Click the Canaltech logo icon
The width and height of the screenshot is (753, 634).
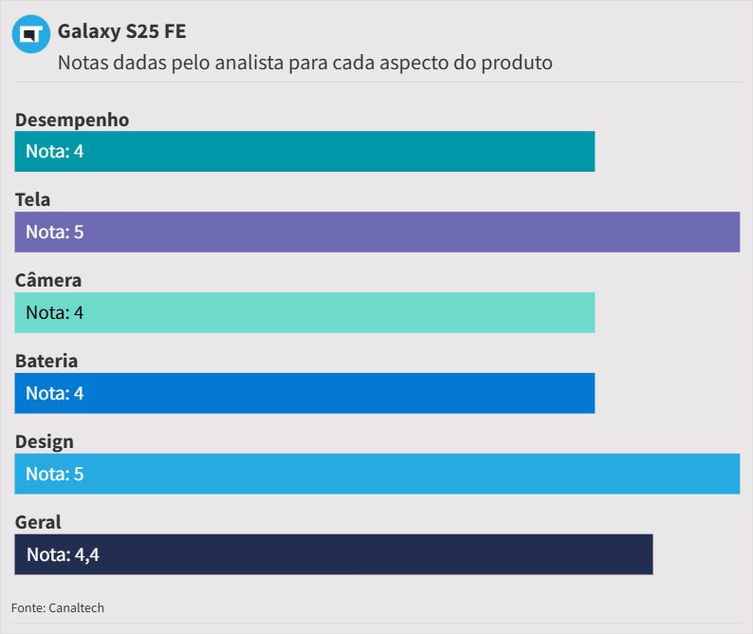[x=30, y=34]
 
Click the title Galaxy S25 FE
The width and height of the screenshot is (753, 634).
[x=121, y=31]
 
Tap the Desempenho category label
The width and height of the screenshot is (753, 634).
[x=72, y=120]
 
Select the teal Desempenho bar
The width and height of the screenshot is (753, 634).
[x=304, y=151]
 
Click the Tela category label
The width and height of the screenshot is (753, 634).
[x=33, y=199]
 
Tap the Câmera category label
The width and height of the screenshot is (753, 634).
[x=48, y=280]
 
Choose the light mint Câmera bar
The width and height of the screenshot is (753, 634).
[x=304, y=312]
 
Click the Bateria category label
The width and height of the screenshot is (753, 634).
[x=46, y=361]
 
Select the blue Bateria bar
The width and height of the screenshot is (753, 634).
[x=304, y=393]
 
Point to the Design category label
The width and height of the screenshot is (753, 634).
[x=45, y=441]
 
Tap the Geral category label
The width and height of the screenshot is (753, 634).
[x=38, y=522]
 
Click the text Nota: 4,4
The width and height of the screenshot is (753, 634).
[x=63, y=554]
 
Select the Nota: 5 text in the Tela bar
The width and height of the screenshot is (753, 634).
[x=55, y=232]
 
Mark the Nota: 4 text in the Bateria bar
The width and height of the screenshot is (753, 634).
[x=55, y=393]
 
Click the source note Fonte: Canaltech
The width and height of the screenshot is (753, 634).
[x=58, y=607]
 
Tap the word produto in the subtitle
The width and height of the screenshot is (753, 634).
[x=517, y=63]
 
